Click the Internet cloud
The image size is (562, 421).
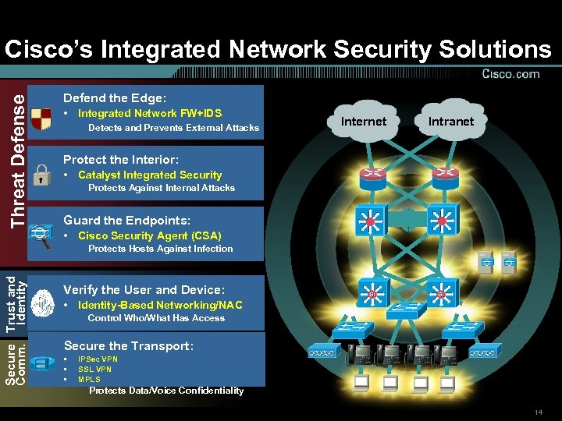[364, 121]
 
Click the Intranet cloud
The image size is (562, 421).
[450, 121]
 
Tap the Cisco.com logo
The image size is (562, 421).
[510, 74]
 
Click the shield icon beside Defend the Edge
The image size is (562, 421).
[41, 116]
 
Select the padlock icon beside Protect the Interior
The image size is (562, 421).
[41, 172]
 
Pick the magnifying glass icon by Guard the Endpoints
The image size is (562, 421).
[41, 235]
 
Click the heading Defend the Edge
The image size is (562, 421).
[115, 98]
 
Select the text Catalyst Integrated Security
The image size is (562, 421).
[150, 175]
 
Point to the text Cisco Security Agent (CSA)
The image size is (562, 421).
[149, 235]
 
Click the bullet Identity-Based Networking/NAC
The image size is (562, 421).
[160, 305]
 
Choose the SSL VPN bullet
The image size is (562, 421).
[94, 370]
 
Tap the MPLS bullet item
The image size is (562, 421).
[89, 379]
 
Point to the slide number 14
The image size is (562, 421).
[539, 412]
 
